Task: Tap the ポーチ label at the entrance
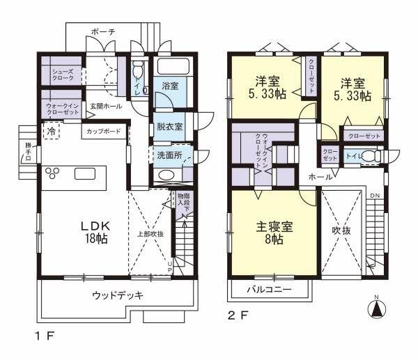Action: coord(103,31)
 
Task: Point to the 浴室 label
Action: coord(171,86)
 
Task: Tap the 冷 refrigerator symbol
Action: coord(52,130)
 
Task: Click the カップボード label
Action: coord(104,131)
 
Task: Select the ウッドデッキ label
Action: coord(118,295)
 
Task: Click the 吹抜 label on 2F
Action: coord(341,228)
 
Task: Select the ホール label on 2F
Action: coord(320,177)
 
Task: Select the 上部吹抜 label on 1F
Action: coord(150,234)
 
